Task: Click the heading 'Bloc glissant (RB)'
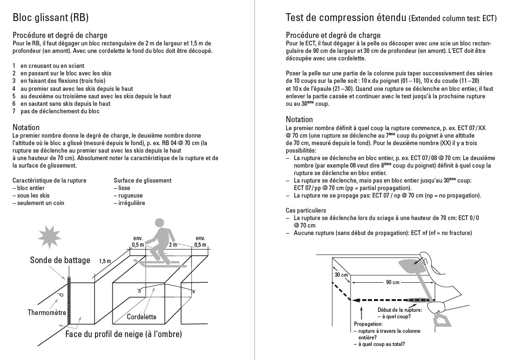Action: click(x=51, y=17)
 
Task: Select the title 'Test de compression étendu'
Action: click(x=346, y=17)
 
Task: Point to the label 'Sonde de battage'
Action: click(x=60, y=260)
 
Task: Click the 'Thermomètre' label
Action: click(x=47, y=313)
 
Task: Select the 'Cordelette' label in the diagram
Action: click(x=141, y=316)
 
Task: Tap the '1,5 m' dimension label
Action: click(x=105, y=261)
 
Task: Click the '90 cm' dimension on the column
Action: click(x=393, y=282)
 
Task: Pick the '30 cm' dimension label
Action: click(x=341, y=275)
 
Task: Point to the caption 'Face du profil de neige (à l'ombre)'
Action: click(x=124, y=334)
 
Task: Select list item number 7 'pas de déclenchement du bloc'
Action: click(x=56, y=111)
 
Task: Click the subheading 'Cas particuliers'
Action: click(x=306, y=210)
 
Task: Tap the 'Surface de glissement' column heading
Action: click(x=142, y=180)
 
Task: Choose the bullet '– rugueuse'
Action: click(x=128, y=196)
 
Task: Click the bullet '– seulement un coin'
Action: click(x=38, y=203)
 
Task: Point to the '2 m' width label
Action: click(x=173, y=244)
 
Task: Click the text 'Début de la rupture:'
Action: click(x=400, y=310)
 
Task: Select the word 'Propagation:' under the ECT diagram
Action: click(x=368, y=324)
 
